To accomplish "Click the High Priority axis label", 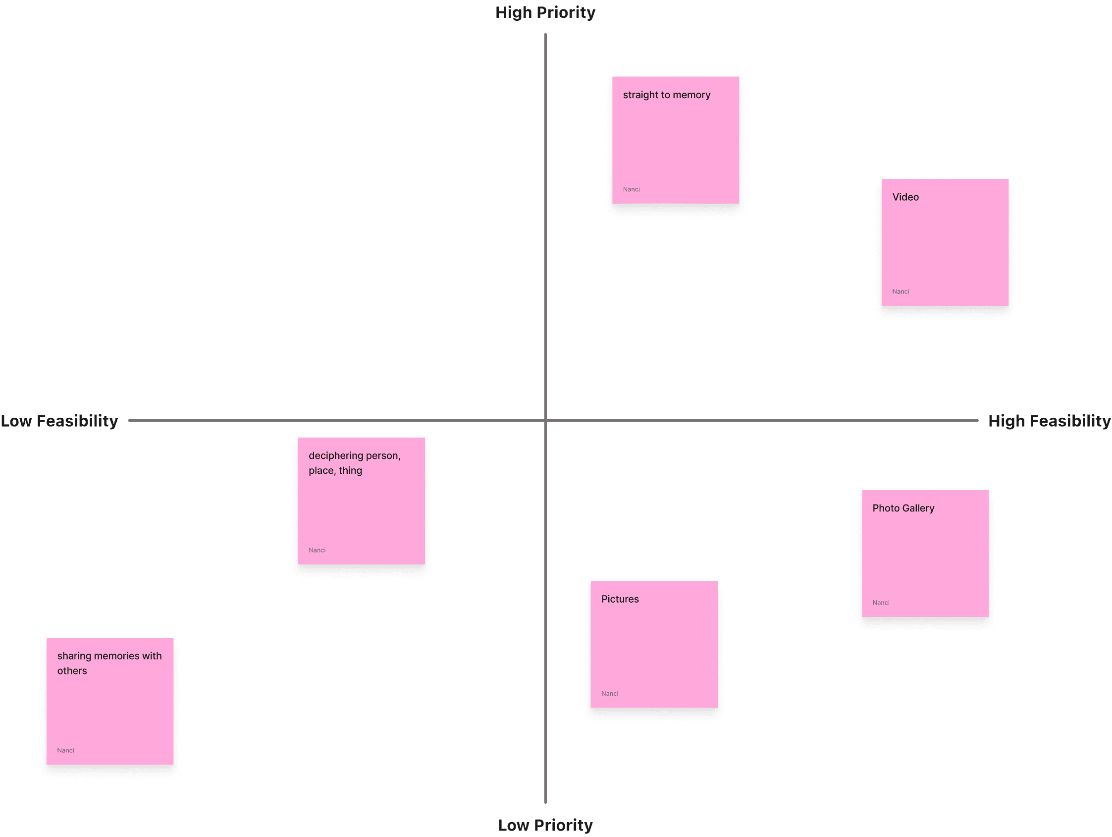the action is [x=545, y=12].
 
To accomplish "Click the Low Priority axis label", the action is [x=545, y=825].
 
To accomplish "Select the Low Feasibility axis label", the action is [x=59, y=421].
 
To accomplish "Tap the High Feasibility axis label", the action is [x=1049, y=421].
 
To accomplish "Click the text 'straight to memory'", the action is [x=666, y=95].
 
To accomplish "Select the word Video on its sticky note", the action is [x=905, y=197].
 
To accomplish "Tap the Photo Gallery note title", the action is [x=903, y=508].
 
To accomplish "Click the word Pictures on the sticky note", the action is [x=619, y=599].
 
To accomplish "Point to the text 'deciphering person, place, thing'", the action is [x=354, y=463].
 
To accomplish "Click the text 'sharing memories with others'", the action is [x=109, y=663].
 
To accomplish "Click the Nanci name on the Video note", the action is [x=900, y=292].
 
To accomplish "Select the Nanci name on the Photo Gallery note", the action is [x=881, y=603].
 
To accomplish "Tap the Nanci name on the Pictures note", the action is [x=609, y=694].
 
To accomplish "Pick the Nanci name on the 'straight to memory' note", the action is [x=631, y=190].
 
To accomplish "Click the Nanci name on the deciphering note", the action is [x=317, y=550].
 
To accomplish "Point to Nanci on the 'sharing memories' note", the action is [x=65, y=750].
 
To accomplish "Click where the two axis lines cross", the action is [x=545, y=420].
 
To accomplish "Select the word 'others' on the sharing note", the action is [x=72, y=671].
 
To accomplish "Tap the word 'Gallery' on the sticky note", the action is [x=917, y=508].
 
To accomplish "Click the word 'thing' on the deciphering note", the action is [x=350, y=471].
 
